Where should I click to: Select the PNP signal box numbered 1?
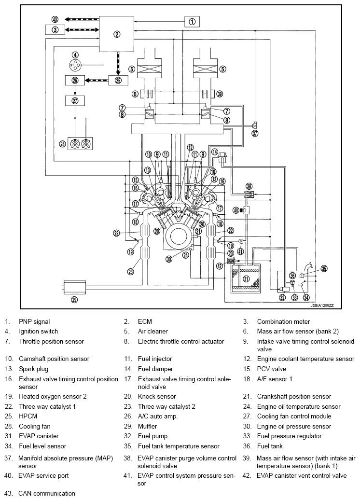click(x=192, y=21)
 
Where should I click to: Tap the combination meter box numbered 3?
click(x=55, y=30)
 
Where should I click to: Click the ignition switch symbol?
click(x=75, y=65)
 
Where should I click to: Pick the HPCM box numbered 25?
click(x=118, y=80)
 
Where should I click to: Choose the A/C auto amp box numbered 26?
click(x=75, y=80)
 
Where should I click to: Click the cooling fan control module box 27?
click(x=75, y=101)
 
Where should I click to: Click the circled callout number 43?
click(x=55, y=19)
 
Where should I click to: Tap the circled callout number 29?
click(x=75, y=300)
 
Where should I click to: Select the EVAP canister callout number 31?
click(x=246, y=279)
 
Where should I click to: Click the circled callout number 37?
click(x=255, y=133)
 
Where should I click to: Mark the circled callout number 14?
click(x=215, y=152)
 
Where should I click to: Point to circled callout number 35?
click(x=324, y=268)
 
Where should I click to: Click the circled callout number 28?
click(x=63, y=144)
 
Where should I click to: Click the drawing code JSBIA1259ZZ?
click(x=322, y=306)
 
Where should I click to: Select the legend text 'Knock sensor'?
click(x=157, y=396)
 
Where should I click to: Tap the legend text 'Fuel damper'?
click(x=155, y=369)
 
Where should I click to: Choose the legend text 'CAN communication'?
click(x=47, y=493)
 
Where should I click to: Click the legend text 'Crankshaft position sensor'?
click(x=294, y=396)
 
